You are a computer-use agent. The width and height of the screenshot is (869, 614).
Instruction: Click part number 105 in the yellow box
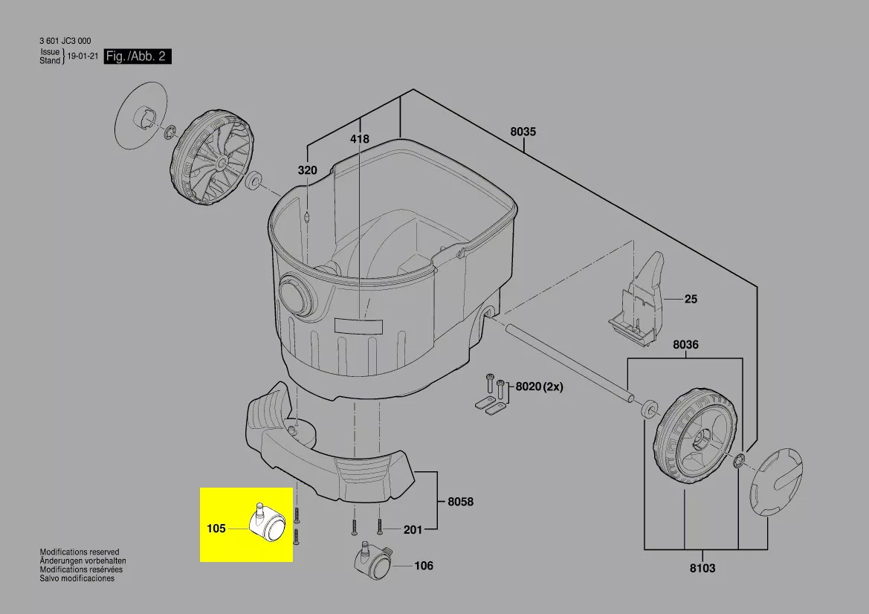coord(216,528)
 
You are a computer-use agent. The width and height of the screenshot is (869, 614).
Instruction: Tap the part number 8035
coord(523,132)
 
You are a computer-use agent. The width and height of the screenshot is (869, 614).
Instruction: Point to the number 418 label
coord(359,138)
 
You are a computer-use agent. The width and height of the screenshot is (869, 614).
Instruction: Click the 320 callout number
coord(308,170)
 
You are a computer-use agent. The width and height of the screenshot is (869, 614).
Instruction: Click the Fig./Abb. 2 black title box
coord(138,56)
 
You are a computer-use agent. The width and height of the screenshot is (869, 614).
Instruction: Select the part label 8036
coord(685,345)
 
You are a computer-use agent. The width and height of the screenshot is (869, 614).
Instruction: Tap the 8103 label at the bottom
coord(702,568)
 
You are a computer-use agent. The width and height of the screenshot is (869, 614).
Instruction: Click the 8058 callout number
coord(461,502)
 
